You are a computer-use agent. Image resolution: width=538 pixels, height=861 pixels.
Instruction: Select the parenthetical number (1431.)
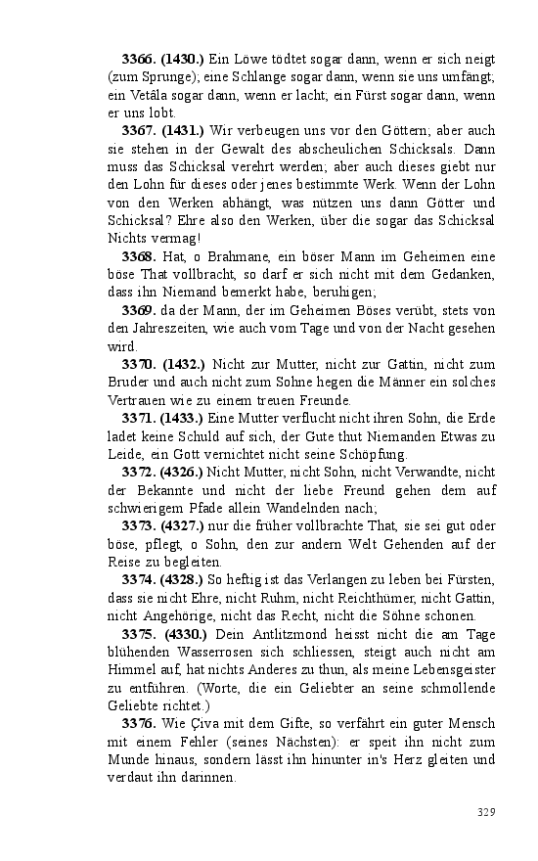tap(183, 131)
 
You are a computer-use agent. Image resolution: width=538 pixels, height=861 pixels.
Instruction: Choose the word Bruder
tap(128, 382)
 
